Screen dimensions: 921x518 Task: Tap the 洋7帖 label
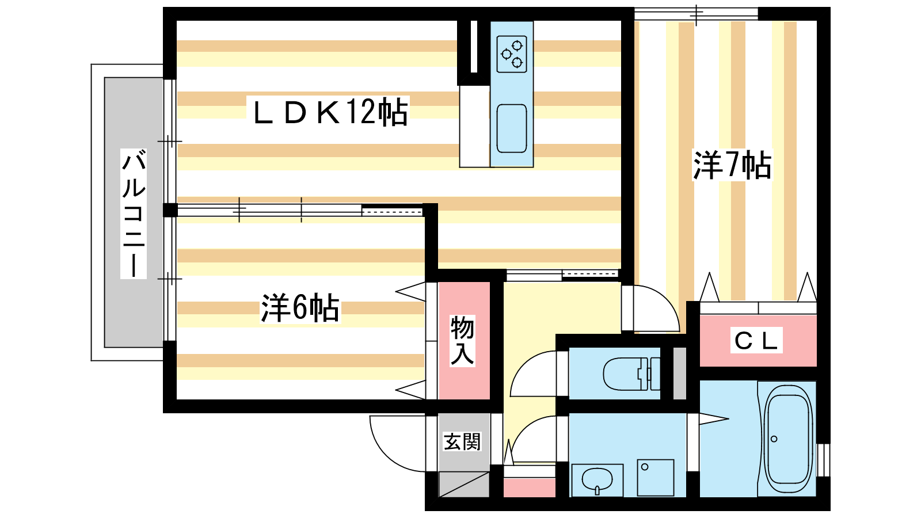point(732,165)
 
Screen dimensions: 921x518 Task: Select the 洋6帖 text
point(300,308)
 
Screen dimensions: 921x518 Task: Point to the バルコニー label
point(134,214)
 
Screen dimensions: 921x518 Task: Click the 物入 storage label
point(463,341)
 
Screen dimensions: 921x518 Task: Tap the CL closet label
point(756,340)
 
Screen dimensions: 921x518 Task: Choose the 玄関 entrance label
point(462,442)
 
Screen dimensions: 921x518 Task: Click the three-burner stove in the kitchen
point(512,54)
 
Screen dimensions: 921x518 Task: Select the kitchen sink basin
point(512,129)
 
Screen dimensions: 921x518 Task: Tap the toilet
point(631,374)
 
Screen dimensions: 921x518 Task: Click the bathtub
point(786,439)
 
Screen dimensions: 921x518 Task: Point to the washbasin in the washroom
point(597,480)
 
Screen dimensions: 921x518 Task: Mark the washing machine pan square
point(656,478)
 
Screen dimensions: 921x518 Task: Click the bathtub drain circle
point(774,439)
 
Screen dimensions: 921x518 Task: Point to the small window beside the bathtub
point(823,460)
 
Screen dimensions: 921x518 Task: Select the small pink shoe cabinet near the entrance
point(529,487)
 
